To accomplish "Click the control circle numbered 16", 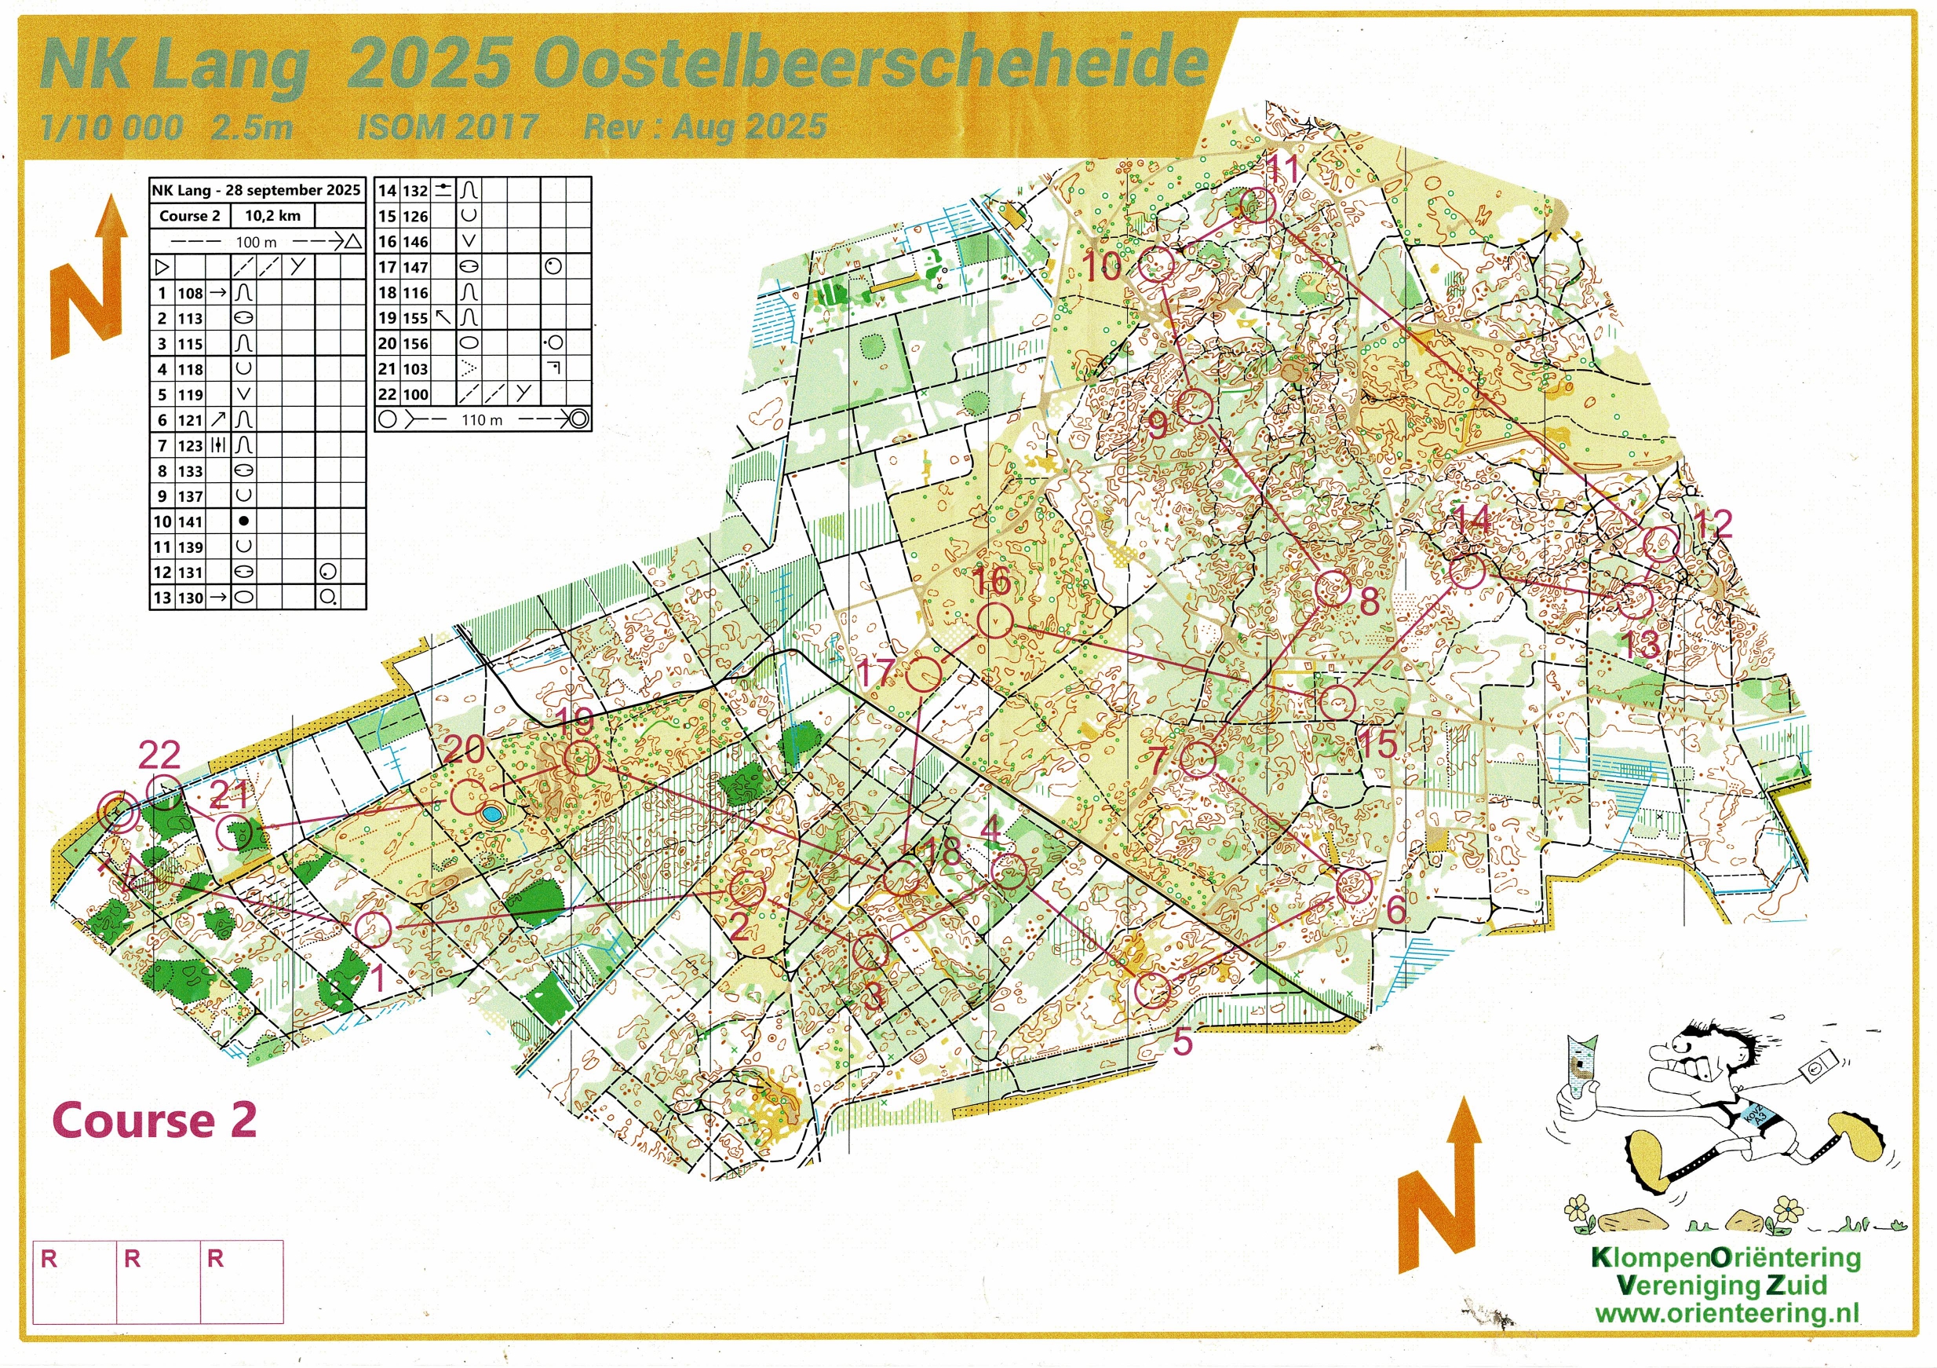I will [x=994, y=620].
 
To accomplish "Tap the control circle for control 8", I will [x=1333, y=587].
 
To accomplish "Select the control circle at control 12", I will [x=1662, y=544].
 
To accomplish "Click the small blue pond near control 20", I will [x=491, y=814].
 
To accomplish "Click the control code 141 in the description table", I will [x=190, y=521].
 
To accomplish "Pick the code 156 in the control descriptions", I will [x=414, y=343].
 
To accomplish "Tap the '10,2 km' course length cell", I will [x=272, y=216].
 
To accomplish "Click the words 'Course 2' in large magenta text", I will [x=154, y=1120].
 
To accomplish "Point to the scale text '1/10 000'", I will [x=111, y=127].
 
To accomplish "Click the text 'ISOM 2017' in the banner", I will [x=447, y=127].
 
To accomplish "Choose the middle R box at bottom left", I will [x=158, y=1281].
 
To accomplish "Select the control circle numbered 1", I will [x=372, y=928].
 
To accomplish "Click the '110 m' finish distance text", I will [x=482, y=419].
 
